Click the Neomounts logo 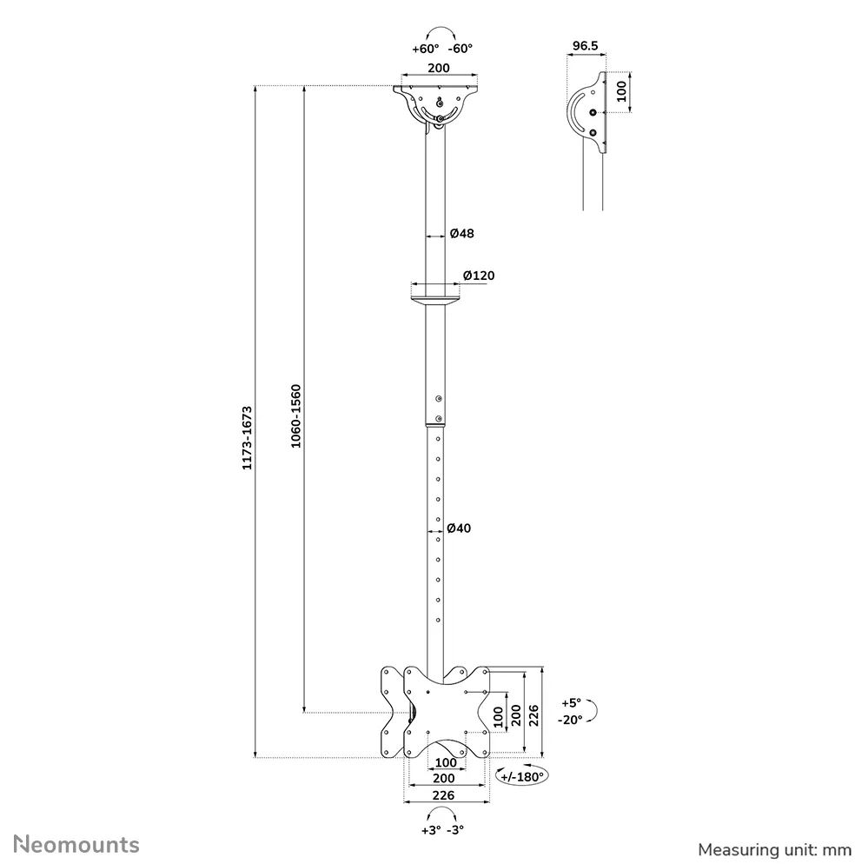coord(76,845)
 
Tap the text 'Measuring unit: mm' coord(774,849)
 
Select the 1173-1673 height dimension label coord(247,438)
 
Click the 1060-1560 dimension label coord(296,416)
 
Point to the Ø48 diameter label coord(461,233)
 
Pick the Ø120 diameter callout coord(479,276)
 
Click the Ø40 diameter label coord(459,528)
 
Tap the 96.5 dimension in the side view coord(585,45)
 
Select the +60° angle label coord(425,49)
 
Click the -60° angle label coord(460,49)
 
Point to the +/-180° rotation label coord(522,776)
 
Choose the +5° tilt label coord(572,703)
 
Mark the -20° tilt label coord(570,720)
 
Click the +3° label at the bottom coord(431,830)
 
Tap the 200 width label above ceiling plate coord(439,68)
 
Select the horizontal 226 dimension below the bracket coord(443,795)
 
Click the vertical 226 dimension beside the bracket coord(533,716)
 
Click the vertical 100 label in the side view coord(621,91)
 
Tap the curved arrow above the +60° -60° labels coord(442,31)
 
